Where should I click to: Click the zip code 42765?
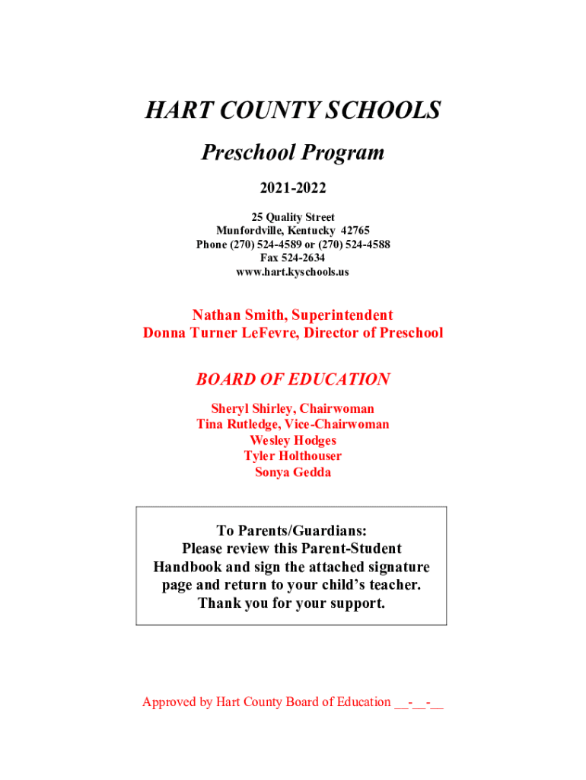coord(355,231)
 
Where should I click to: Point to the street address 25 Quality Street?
coord(292,217)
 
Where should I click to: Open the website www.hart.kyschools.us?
coord(292,271)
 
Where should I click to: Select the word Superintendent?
coord(339,315)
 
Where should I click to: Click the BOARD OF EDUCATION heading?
coord(292,379)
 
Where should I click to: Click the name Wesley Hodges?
coord(292,440)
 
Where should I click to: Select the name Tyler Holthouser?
coord(292,456)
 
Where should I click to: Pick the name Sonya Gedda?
coord(292,472)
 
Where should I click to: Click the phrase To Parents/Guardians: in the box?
coord(292,531)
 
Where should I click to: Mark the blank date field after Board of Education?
coord(419,702)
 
